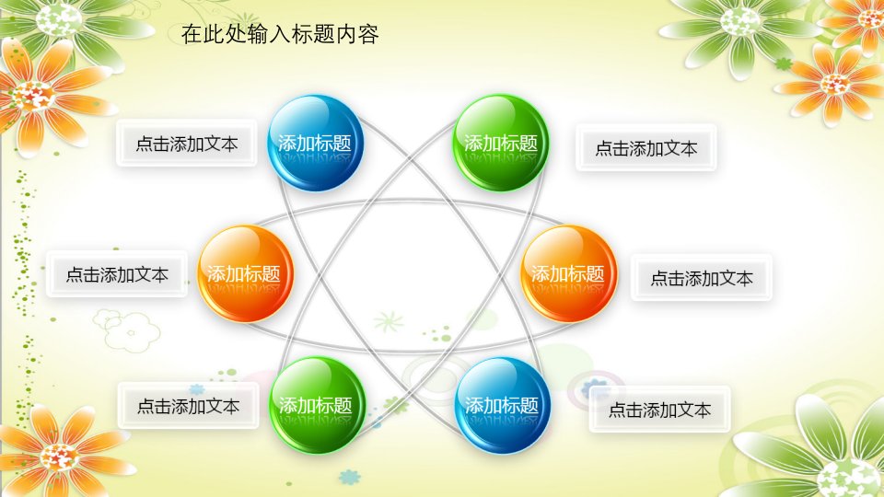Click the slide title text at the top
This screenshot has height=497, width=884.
coord(280,34)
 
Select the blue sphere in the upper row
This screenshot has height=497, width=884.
coord(315,143)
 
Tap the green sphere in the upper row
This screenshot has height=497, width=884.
coord(501,143)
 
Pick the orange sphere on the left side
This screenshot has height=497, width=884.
coord(245,273)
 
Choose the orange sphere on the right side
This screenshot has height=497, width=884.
coord(568,273)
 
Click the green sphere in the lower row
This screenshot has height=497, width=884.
coord(318,405)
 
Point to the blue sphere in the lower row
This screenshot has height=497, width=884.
coord(502,405)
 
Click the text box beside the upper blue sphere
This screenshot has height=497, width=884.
coord(187,144)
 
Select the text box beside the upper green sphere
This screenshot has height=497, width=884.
coord(646,147)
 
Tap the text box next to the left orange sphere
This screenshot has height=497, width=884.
coord(117,274)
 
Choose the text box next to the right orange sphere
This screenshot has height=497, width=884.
coord(702,277)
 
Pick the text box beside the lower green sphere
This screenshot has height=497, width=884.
coord(188,405)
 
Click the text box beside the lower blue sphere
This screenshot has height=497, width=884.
coord(659,409)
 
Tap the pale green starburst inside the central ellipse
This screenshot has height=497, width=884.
coord(389,322)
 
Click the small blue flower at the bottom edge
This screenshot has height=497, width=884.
coord(350,477)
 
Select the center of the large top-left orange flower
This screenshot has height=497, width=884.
coord(34,96)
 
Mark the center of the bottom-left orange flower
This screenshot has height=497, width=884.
coord(59,457)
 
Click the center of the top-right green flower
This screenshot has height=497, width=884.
coord(740,21)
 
